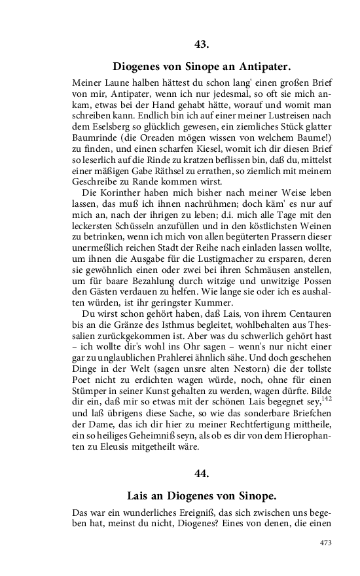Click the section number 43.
201,44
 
